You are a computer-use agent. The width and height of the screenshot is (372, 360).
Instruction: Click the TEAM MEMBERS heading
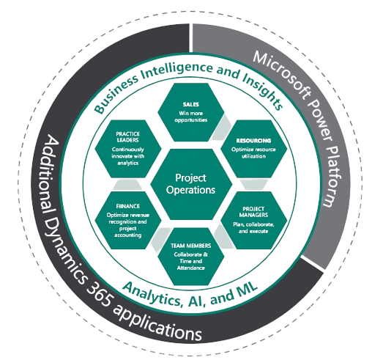(190, 245)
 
